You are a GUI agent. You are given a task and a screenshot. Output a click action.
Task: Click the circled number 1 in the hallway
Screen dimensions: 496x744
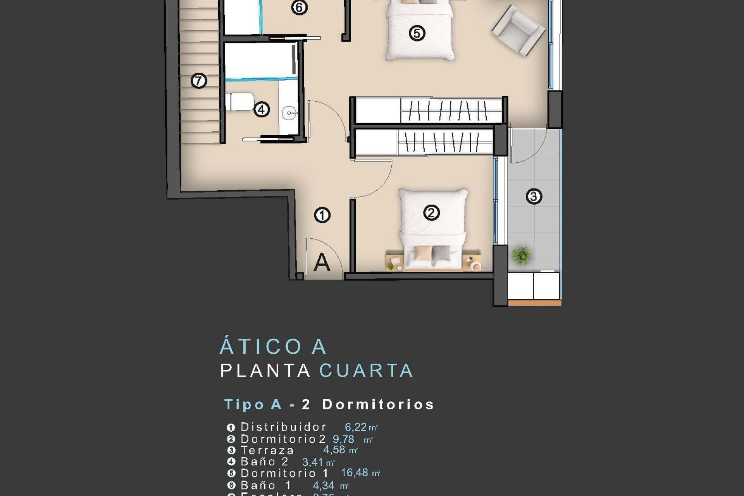click(x=322, y=215)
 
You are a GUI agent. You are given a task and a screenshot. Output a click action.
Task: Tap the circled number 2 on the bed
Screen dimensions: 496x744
click(x=431, y=212)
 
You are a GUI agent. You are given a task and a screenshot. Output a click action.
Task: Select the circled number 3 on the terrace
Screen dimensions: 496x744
click(x=534, y=196)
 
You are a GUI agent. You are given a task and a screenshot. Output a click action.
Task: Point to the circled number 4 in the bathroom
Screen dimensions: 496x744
click(x=262, y=109)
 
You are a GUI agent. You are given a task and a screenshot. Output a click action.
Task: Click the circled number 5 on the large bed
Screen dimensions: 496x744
click(x=417, y=33)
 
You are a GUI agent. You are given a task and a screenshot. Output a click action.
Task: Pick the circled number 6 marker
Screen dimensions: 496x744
click(x=299, y=7)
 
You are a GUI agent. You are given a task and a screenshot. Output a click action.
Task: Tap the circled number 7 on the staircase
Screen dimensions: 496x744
click(x=199, y=81)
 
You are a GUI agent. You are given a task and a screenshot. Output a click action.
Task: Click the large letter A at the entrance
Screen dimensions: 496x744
click(x=322, y=262)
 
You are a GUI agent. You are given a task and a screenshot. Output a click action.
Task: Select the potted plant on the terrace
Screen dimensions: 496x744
click(x=521, y=255)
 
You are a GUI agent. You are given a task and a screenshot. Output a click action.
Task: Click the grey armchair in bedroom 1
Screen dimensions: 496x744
click(x=518, y=29)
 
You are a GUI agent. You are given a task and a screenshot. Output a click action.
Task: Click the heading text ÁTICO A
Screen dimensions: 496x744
click(x=273, y=346)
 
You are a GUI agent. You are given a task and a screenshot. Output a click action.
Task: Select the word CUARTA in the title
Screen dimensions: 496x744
click(x=366, y=370)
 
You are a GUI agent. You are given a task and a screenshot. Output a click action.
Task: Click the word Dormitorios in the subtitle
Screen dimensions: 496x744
click(x=378, y=404)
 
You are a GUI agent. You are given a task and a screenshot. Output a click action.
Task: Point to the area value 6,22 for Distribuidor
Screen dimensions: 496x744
click(x=356, y=427)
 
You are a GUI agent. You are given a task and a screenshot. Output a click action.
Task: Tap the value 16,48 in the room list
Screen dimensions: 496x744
click(x=354, y=473)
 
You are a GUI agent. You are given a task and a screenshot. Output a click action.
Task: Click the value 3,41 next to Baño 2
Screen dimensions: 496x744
click(x=313, y=462)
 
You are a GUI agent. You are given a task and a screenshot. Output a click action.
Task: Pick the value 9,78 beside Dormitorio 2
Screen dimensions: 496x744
click(x=343, y=439)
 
